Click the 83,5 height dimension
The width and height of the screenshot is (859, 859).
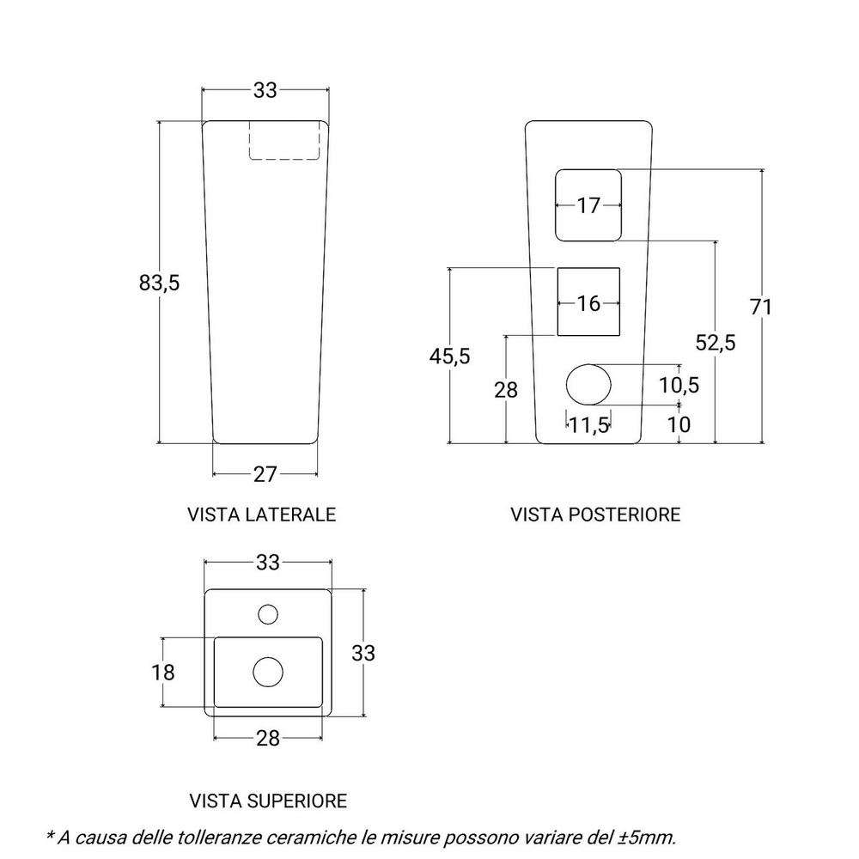159,282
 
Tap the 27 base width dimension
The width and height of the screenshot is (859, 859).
265,474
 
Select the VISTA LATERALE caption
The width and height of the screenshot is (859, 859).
261,515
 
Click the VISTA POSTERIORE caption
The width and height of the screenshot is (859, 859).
595,515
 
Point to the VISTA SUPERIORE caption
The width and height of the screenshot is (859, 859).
268,801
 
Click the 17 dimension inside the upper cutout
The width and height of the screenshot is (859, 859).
588,206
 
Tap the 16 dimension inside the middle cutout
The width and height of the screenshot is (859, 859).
588,303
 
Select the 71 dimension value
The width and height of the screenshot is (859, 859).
761,307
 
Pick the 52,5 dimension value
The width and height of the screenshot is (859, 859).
716,342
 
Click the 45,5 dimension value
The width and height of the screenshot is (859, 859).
449,356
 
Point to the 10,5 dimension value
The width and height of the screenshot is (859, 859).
679,384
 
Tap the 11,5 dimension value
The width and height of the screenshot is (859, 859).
590,424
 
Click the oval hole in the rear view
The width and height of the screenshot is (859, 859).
588,383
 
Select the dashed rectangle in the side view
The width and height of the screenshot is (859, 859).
285,140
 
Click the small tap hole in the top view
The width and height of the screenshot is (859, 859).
268,613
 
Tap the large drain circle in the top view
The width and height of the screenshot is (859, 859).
268,671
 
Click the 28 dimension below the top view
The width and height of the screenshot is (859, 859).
268,738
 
